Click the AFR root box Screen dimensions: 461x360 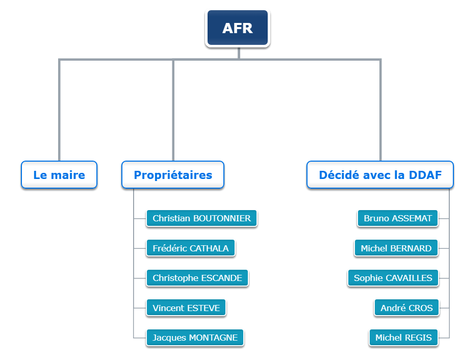[x=238, y=28]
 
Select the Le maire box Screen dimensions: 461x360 [x=59, y=174]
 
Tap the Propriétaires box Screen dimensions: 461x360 [x=173, y=174]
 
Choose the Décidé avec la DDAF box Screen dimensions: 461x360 [x=380, y=174]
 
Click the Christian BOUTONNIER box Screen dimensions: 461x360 [x=202, y=218]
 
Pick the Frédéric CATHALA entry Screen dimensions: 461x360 [x=191, y=248]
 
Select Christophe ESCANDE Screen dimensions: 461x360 [x=197, y=278]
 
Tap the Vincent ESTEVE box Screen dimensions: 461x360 [x=186, y=307]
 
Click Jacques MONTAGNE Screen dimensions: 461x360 [x=195, y=338]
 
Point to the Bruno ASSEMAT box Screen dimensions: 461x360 [x=398, y=218]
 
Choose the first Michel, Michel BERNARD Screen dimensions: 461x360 [x=396, y=248]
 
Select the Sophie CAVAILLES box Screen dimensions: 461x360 [x=393, y=278]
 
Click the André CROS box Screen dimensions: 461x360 [x=406, y=307]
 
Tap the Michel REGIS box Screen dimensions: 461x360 [x=404, y=338]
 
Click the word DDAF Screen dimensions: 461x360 [x=425, y=175]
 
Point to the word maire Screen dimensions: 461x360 [x=68, y=175]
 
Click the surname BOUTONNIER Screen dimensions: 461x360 [x=222, y=218]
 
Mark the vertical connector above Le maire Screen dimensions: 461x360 [x=59, y=110]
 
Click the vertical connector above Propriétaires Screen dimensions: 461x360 [x=173, y=110]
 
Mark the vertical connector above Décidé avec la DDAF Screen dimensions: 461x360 [x=380, y=110]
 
